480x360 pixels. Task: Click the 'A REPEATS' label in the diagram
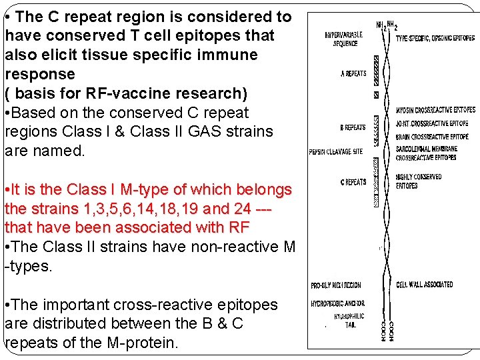pyautogui.click(x=353, y=73)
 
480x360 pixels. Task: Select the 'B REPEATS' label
pyautogui.click(x=353, y=127)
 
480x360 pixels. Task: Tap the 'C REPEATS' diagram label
pyautogui.click(x=353, y=182)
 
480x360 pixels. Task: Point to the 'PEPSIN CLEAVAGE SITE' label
pyautogui.click(x=336, y=151)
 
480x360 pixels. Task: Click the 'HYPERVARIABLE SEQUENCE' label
pyautogui.click(x=341, y=39)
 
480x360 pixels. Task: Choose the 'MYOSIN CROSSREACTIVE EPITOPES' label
pyautogui.click(x=435, y=109)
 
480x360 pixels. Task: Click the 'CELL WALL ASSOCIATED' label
pyautogui.click(x=424, y=285)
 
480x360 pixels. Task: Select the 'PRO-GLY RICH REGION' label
pyautogui.click(x=336, y=285)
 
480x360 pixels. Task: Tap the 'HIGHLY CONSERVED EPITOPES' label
pyautogui.click(x=419, y=181)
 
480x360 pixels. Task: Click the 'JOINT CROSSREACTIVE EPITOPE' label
pyautogui.click(x=431, y=123)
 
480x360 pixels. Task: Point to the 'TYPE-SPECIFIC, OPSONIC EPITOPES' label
pyautogui.click(x=434, y=39)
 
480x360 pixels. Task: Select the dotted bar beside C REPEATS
pyautogui.click(x=376, y=182)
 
